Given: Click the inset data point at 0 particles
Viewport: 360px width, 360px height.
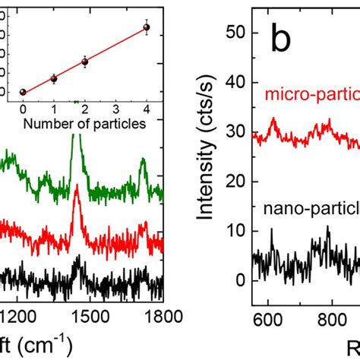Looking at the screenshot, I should coord(23,92).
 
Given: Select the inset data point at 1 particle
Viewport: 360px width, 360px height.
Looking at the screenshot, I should coord(54,78).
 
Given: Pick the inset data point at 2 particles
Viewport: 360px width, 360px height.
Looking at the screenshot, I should coord(85,62).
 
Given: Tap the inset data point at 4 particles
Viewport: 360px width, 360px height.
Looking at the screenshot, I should coord(147,27).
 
